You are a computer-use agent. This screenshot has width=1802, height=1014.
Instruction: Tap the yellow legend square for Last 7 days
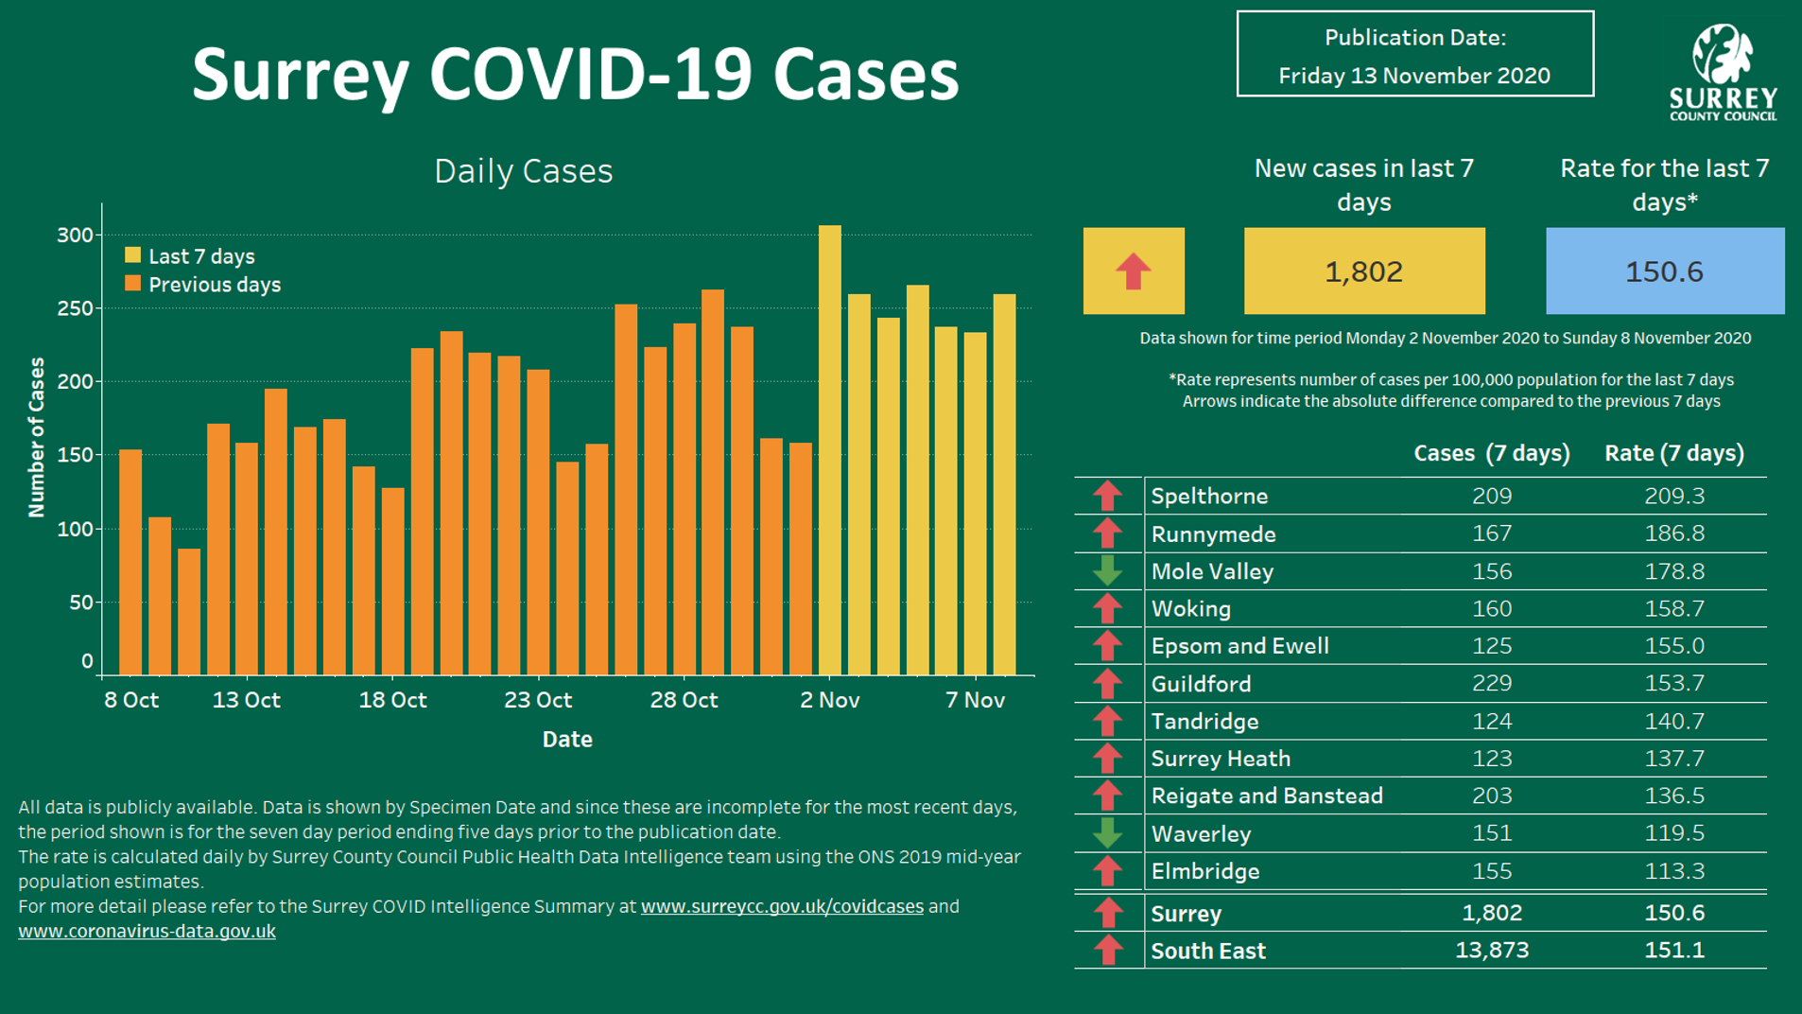click(133, 255)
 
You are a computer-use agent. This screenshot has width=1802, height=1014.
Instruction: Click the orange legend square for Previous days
click(133, 284)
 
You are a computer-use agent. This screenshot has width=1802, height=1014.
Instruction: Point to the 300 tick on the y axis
click(76, 235)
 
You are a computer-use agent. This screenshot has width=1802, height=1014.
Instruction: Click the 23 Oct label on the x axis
click(538, 700)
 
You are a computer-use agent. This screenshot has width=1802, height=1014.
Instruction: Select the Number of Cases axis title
click(37, 437)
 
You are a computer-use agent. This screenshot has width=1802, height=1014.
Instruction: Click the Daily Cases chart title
click(523, 171)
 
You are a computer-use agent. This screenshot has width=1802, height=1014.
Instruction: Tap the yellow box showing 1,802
click(1363, 271)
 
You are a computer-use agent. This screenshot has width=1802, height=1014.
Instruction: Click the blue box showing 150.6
click(1664, 271)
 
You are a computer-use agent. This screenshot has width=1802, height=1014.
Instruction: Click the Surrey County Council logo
click(1723, 72)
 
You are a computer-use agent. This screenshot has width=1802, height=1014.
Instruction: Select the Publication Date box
click(1414, 55)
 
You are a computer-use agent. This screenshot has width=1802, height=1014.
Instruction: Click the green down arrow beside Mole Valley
click(1107, 571)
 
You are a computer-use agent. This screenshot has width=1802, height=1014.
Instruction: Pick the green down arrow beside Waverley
click(1107, 833)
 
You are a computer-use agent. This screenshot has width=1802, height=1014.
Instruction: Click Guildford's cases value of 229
click(1491, 683)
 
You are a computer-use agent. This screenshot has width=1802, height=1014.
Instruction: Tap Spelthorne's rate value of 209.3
click(1673, 496)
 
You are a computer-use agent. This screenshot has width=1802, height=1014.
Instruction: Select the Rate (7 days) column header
click(1673, 453)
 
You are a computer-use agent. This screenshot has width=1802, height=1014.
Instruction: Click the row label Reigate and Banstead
click(1266, 795)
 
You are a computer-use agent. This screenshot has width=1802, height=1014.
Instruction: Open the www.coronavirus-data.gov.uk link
click(147, 931)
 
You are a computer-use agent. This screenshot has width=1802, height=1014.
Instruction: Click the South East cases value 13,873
click(1491, 950)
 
